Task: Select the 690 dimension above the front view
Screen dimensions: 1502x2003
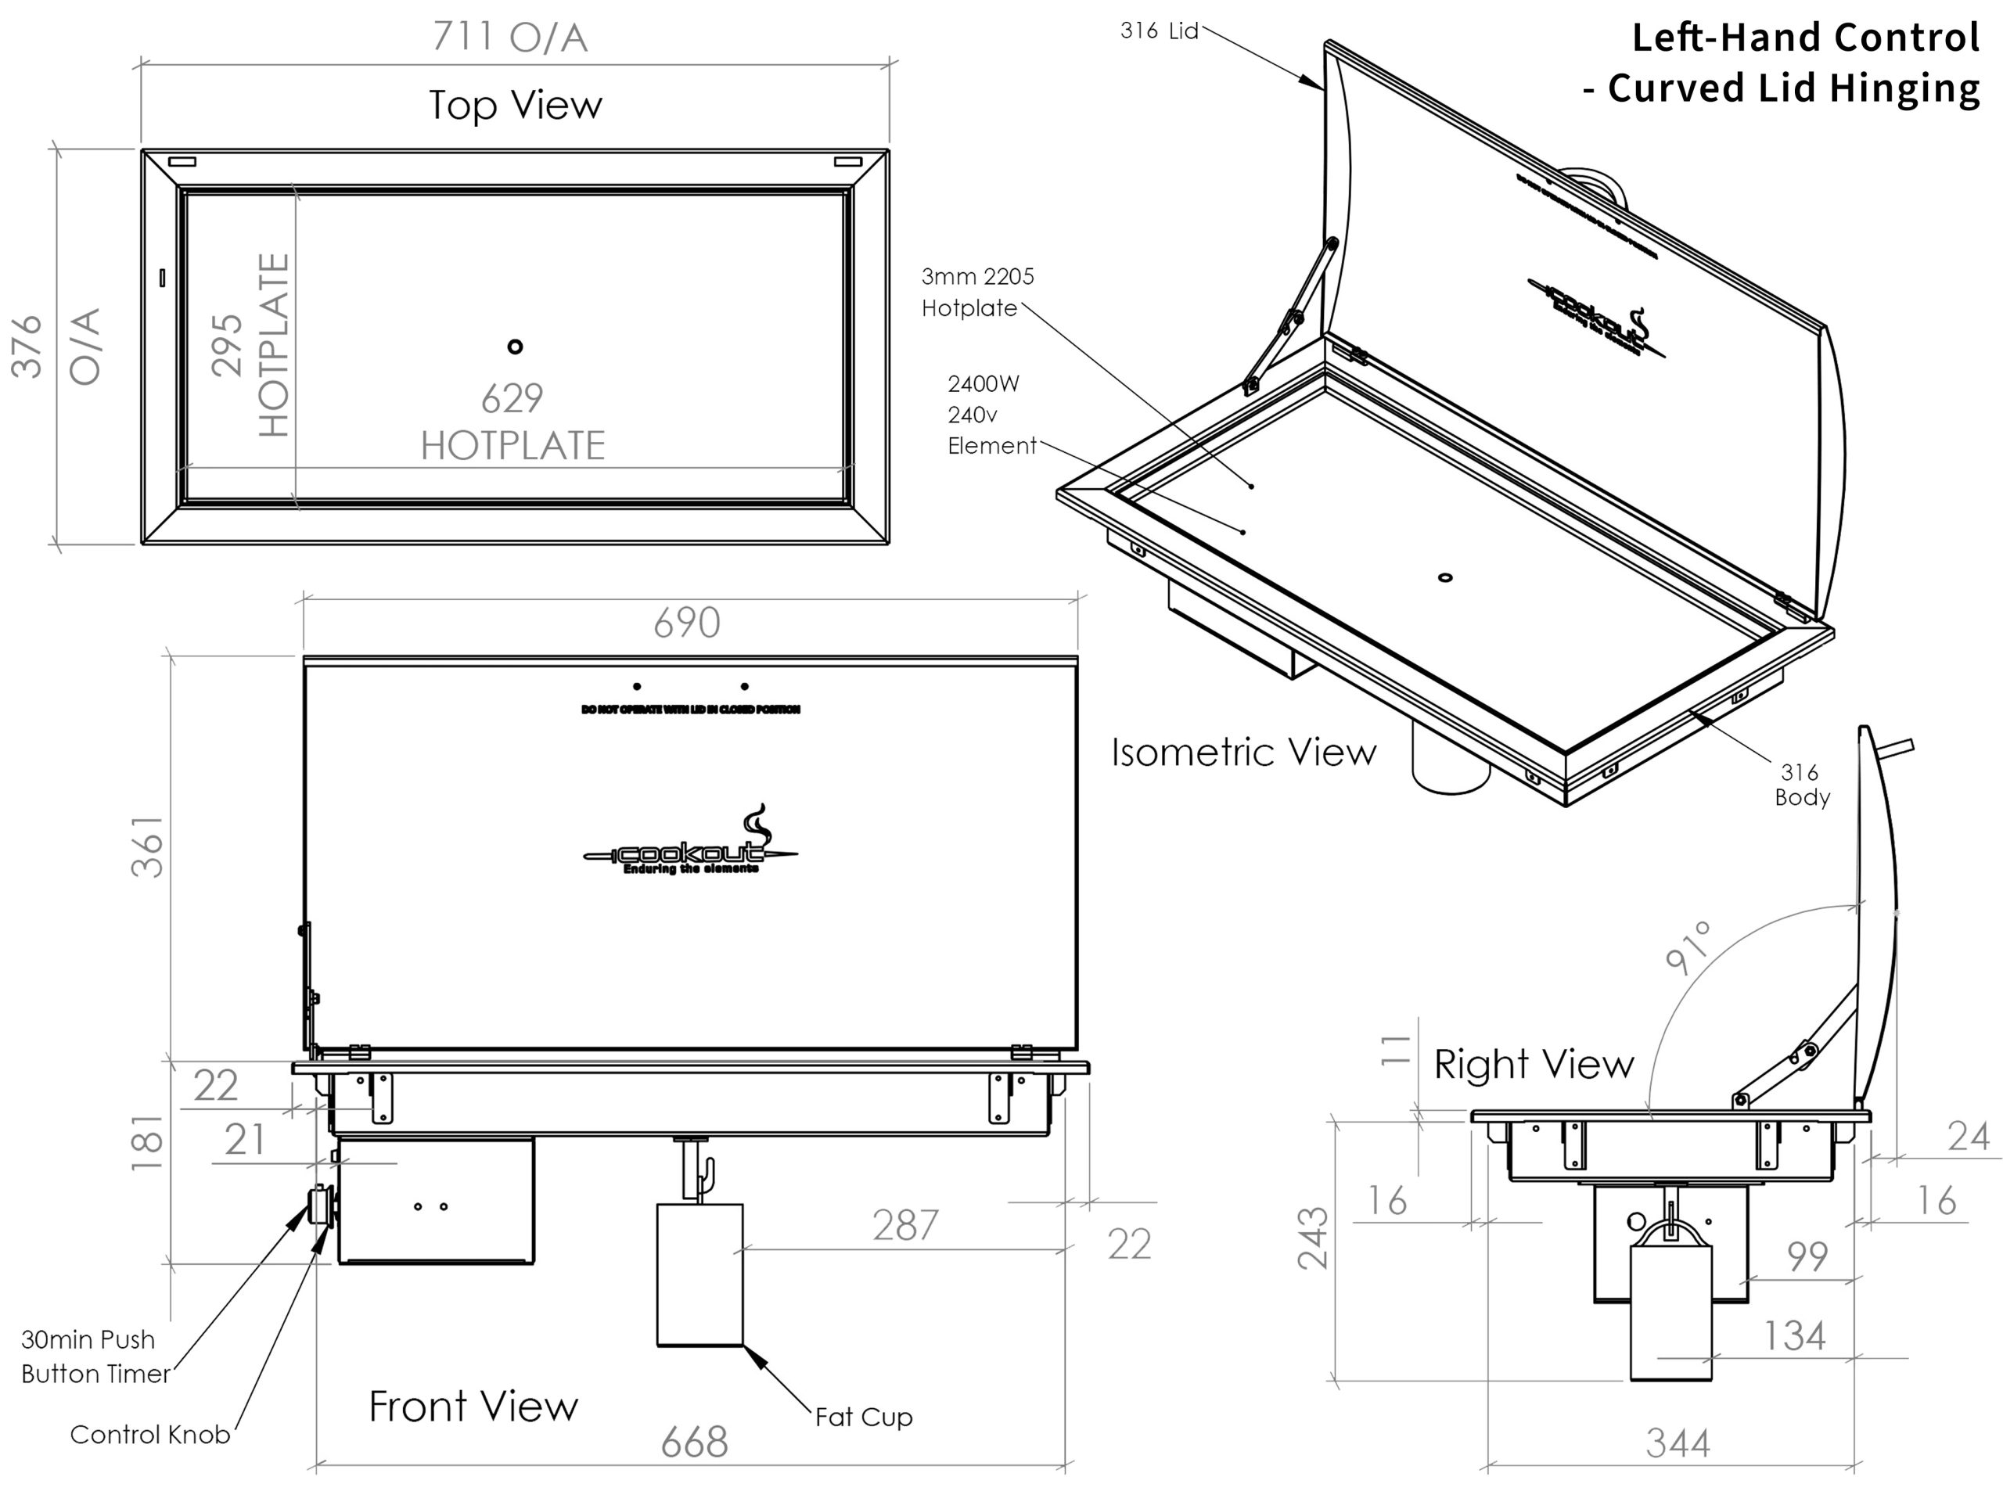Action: (687, 623)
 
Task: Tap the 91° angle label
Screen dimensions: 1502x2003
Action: (1690, 948)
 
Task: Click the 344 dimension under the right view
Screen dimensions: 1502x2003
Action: (1678, 1443)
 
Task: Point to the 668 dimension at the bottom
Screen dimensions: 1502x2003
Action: (695, 1443)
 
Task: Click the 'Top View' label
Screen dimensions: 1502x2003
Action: (516, 105)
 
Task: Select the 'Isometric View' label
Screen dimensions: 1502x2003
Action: (1243, 753)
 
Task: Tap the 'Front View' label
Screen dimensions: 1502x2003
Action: (473, 1406)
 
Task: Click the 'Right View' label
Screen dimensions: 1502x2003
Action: (1534, 1064)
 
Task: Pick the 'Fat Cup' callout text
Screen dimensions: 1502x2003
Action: (863, 1417)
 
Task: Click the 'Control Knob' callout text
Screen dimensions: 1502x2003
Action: (149, 1434)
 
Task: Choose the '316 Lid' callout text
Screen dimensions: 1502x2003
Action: (1159, 31)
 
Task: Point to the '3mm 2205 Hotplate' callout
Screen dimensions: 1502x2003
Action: (976, 293)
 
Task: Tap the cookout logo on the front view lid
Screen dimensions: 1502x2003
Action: (690, 848)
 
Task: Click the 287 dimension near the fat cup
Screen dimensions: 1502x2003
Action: (905, 1225)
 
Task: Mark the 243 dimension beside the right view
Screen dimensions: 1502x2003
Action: (1313, 1238)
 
